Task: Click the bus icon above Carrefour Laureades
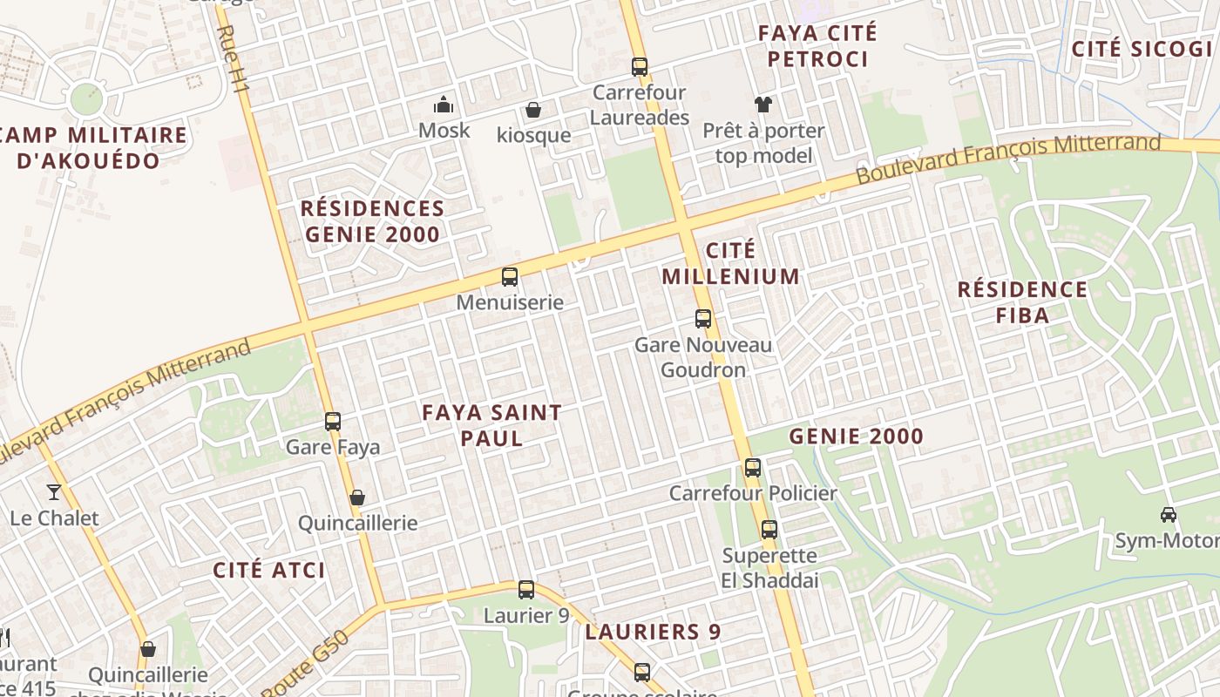pyautogui.click(x=640, y=66)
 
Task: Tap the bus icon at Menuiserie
pyautogui.click(x=510, y=277)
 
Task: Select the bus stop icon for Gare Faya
pyautogui.click(x=332, y=422)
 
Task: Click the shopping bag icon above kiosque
pyautogui.click(x=532, y=110)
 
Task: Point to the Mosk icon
pyautogui.click(x=444, y=105)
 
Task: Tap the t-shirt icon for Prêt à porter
pyautogui.click(x=763, y=105)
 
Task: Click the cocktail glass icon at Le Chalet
pyautogui.click(x=54, y=492)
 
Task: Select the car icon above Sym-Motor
pyautogui.click(x=1169, y=515)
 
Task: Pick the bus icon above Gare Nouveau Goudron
pyautogui.click(x=703, y=319)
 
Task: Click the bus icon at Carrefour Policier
pyautogui.click(x=753, y=468)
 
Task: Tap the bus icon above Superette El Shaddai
pyautogui.click(x=769, y=530)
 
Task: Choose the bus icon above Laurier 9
pyautogui.click(x=526, y=590)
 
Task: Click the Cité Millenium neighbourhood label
pyautogui.click(x=730, y=263)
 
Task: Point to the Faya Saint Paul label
pyautogui.click(x=491, y=424)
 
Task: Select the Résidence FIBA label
pyautogui.click(x=1022, y=301)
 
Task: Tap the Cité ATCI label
pyautogui.click(x=269, y=571)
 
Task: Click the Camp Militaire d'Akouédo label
pyautogui.click(x=91, y=148)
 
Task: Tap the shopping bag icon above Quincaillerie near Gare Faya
pyautogui.click(x=356, y=498)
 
